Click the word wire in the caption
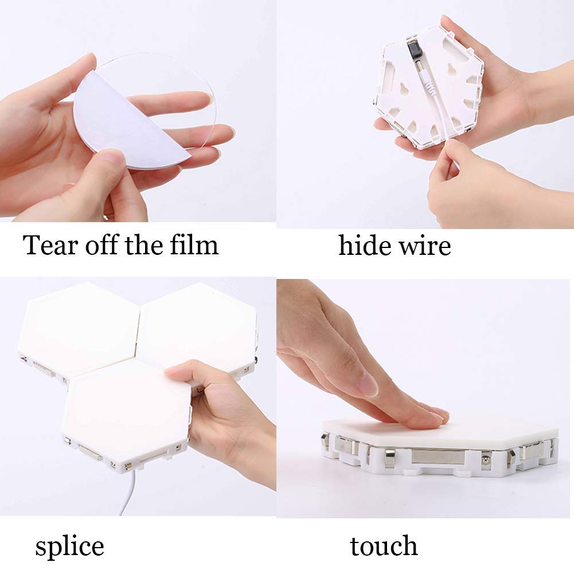(425, 246)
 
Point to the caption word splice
(69, 546)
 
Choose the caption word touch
(384, 546)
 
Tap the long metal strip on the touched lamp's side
(438, 456)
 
